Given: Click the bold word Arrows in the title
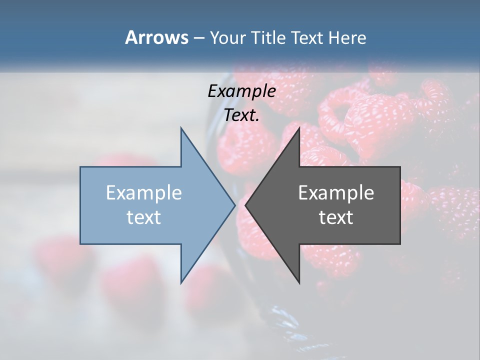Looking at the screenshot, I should pyautogui.click(x=156, y=37).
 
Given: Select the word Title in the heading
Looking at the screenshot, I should pyautogui.click(x=272, y=37).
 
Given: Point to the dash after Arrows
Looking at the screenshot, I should pyautogui.click(x=198, y=38).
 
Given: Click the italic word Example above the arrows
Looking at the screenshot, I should pyautogui.click(x=241, y=91).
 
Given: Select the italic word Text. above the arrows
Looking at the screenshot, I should pyautogui.click(x=241, y=115).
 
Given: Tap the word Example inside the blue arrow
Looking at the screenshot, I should pyautogui.click(x=144, y=193).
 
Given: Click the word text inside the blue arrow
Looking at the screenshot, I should pyautogui.click(x=144, y=217).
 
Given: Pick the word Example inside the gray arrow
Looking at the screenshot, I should pyautogui.click(x=336, y=193).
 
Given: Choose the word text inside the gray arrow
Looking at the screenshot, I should pyautogui.click(x=336, y=217).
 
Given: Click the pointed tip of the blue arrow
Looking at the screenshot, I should pyautogui.click(x=235, y=205).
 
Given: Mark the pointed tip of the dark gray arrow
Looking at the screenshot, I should pyautogui.click(x=245, y=205).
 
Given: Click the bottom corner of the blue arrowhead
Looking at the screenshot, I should pyautogui.click(x=181, y=283).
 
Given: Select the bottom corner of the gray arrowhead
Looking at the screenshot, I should pyautogui.click(x=299, y=283).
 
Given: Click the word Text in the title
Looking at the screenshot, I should pyautogui.click(x=306, y=37).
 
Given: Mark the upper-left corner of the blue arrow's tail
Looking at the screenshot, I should pyautogui.click(x=80, y=167).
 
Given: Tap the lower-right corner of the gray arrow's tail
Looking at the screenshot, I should pyautogui.click(x=400, y=244).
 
